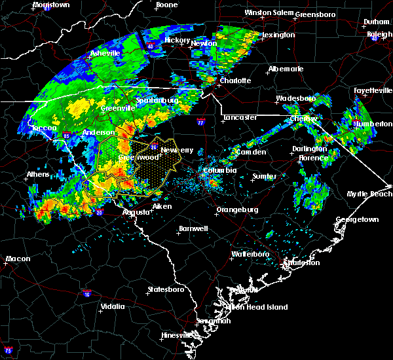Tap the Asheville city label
pyautogui.click(x=105, y=52)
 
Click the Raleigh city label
pyautogui.click(x=379, y=34)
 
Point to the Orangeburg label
pyautogui.click(x=237, y=210)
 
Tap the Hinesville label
pyautogui.click(x=178, y=335)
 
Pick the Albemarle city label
pyautogui.click(x=286, y=69)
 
